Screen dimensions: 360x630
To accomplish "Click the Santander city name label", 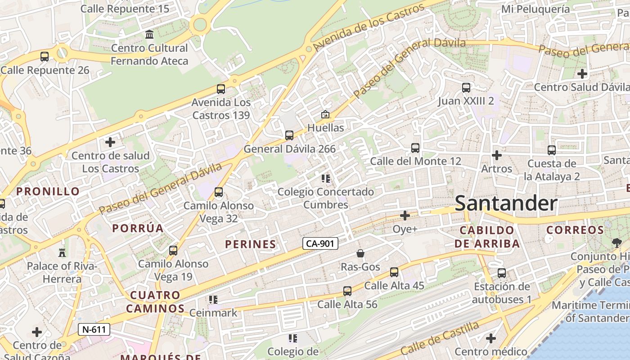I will point(506,203).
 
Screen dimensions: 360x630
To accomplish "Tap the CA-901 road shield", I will point(320,243).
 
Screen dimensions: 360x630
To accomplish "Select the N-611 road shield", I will point(94,329).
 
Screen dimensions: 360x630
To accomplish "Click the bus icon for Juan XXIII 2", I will point(466,88).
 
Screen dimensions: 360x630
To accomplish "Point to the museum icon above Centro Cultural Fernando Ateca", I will point(149,35).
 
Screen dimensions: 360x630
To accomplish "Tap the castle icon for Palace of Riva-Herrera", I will point(62,252).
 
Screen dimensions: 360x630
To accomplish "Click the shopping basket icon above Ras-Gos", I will point(360,253).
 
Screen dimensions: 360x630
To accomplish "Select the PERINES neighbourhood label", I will point(251,244).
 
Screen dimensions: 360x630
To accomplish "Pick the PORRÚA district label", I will point(138,228).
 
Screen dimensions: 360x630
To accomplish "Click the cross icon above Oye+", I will point(405,216).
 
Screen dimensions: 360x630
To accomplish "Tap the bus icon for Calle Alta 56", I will point(347,291).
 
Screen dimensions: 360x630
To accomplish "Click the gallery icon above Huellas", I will point(325,115).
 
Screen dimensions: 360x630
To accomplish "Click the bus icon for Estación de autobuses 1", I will point(502,273).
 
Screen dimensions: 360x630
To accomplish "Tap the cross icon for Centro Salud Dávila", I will point(582,73).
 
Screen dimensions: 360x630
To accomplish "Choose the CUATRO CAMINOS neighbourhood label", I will point(155,302).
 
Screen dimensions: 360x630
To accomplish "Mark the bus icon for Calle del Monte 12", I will point(415,148).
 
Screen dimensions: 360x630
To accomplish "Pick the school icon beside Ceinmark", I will point(213,300).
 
